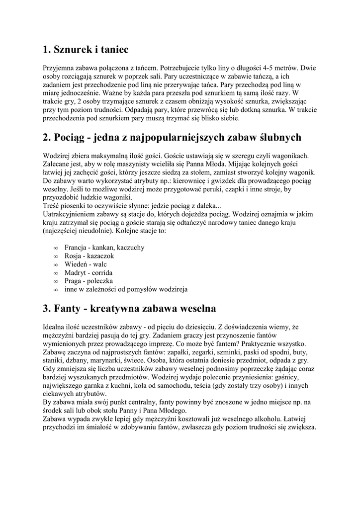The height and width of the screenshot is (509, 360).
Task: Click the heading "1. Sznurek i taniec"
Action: point(86,49)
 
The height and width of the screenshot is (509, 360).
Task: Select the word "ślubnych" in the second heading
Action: point(276,137)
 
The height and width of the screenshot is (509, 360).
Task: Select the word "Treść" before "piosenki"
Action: point(52,206)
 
